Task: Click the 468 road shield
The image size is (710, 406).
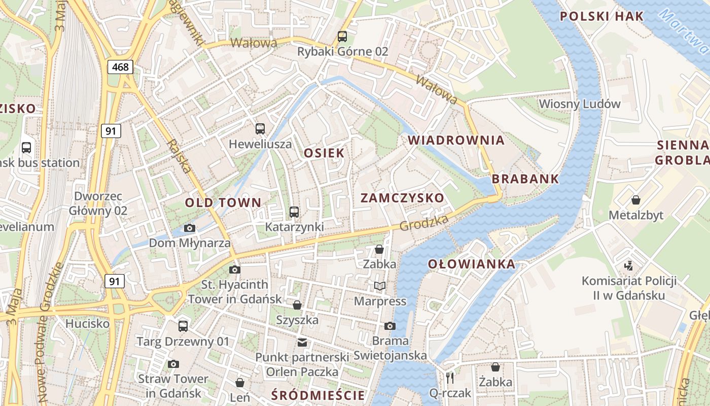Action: point(120,66)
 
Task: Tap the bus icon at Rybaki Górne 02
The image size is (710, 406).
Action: point(342,37)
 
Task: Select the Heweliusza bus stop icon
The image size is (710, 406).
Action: point(260,129)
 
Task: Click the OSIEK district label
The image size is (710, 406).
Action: point(324,153)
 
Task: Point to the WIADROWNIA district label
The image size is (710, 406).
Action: point(456,140)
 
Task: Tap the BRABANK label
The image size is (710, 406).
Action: point(525,179)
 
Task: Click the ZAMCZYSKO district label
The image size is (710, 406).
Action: point(402,198)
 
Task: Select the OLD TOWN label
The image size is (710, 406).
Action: point(223,203)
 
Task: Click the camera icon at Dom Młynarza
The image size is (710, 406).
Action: point(189,228)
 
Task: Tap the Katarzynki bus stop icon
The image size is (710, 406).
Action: point(294,212)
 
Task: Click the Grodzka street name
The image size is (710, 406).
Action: point(424,223)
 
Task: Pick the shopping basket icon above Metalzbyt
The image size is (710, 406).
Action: point(635,200)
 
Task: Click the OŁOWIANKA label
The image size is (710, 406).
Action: point(472,264)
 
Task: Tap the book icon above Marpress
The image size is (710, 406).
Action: point(380,286)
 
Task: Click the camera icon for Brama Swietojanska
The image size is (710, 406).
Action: point(389,326)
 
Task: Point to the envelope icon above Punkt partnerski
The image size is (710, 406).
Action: point(302,343)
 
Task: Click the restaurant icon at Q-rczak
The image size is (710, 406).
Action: point(449,378)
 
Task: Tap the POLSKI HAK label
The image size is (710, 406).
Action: point(601,16)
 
